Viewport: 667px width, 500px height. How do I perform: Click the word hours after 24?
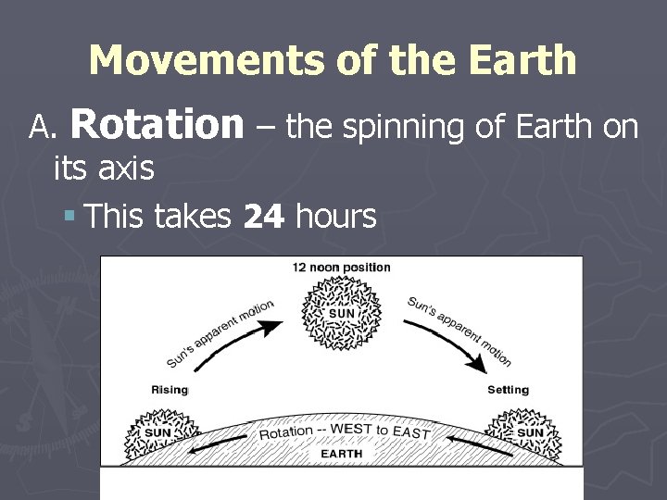pyautogui.click(x=334, y=217)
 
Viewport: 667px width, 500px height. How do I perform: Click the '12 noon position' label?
pyautogui.click(x=342, y=268)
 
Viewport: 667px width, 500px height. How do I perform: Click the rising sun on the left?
pyautogui.click(x=159, y=431)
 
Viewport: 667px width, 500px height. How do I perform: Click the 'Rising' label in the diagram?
pyautogui.click(x=170, y=390)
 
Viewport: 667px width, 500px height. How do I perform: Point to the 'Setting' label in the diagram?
pyautogui.click(x=508, y=390)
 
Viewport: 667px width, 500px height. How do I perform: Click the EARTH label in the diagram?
pyautogui.click(x=342, y=454)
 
